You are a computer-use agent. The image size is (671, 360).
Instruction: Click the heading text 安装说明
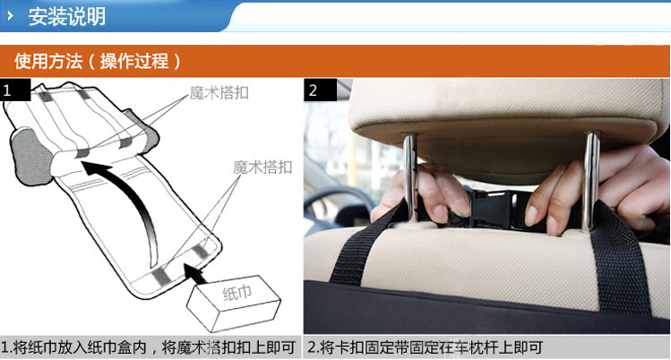67,17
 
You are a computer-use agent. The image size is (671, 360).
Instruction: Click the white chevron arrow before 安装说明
10,16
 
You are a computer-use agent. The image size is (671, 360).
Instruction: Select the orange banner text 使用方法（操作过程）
98,61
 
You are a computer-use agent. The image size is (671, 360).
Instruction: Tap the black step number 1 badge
15,90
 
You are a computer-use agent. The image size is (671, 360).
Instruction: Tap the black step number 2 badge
320,90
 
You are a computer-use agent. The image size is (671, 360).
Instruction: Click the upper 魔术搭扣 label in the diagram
219,92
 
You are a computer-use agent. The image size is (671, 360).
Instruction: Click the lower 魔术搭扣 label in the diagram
262,167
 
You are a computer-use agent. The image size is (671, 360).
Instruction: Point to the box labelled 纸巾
234,303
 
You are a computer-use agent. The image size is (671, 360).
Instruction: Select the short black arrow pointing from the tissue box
195,274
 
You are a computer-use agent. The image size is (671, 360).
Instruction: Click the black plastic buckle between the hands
492,209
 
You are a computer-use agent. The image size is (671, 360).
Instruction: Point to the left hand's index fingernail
440,212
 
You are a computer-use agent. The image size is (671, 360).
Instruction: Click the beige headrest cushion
505,124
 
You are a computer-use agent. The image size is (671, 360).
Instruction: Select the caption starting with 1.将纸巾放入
148,347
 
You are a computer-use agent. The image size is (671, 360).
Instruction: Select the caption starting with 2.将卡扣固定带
425,347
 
